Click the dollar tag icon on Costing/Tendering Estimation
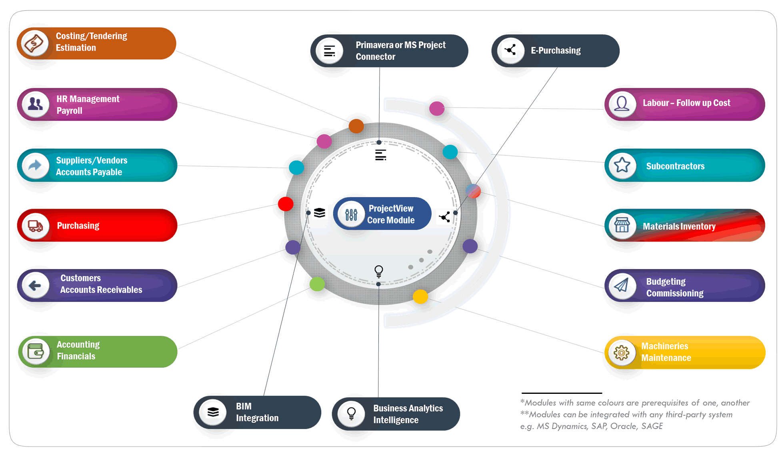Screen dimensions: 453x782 pos(35,43)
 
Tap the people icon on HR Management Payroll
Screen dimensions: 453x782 pos(36,104)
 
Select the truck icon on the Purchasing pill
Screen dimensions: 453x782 pos(36,226)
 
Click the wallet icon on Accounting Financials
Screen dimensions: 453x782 pos(36,351)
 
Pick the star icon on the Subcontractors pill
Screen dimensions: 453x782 pos(622,165)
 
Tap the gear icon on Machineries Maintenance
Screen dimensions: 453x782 pos(621,353)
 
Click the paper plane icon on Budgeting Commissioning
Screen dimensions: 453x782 pos(622,285)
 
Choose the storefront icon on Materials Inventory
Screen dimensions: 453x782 pos(622,226)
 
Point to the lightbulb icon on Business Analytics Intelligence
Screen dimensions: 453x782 pos(351,413)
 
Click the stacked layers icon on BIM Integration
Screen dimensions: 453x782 pos(213,412)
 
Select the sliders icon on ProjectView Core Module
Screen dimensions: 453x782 pos(351,215)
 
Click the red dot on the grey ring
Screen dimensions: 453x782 pos(286,204)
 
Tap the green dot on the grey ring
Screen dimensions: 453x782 pos(317,284)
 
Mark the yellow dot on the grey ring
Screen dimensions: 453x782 pos(420,297)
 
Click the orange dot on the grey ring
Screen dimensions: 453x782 pos(356,126)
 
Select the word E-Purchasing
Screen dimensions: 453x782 pos(556,51)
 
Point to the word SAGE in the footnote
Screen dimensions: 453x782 pos(652,426)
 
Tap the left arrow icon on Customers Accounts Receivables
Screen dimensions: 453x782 pos(36,285)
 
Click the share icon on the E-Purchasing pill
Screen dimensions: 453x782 pos(510,50)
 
